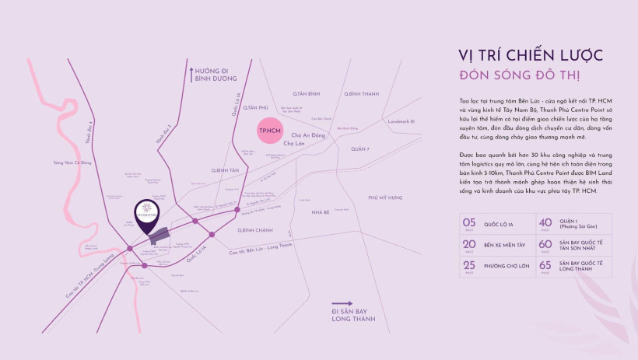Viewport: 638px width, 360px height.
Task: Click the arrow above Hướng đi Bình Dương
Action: [x=191, y=74]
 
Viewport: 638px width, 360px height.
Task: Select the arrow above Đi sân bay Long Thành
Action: [x=342, y=305]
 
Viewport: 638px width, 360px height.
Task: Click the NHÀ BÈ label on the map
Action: [x=321, y=211]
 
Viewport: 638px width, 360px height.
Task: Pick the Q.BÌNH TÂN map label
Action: [x=223, y=168]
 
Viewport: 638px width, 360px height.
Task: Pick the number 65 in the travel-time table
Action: [x=545, y=264]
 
